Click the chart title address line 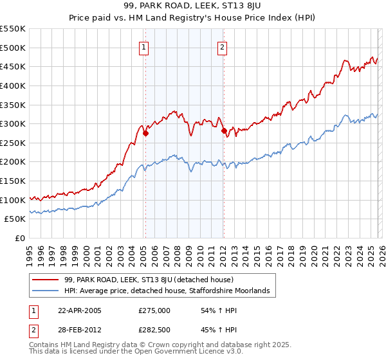pyautogui.click(x=192, y=6)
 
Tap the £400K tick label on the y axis pyautogui.click(x=13, y=85)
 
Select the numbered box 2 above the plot pyautogui.click(x=222, y=46)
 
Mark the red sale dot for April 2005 pyautogui.click(x=145, y=134)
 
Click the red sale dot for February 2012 pyautogui.click(x=224, y=130)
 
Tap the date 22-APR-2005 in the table pyautogui.click(x=80, y=310)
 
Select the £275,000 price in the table pyautogui.click(x=154, y=310)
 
